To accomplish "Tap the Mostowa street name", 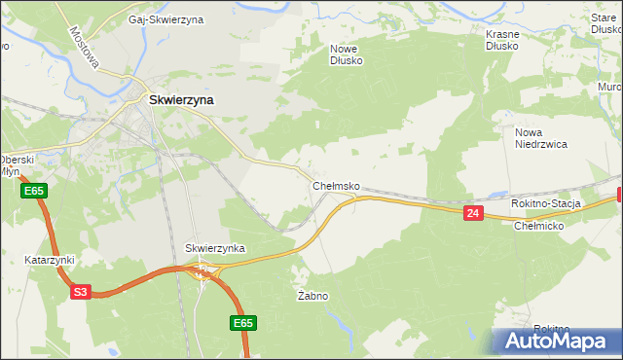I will [x=86, y=46].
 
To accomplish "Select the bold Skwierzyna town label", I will [x=181, y=98].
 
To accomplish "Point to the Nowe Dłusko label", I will [x=347, y=54].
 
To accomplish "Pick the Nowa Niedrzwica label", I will [x=541, y=137].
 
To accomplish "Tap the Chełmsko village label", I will [x=337, y=185].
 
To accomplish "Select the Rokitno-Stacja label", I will [x=546, y=203].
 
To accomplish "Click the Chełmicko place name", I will [x=539, y=226].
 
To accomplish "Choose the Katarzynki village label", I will [x=50, y=260].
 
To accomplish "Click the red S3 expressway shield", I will [x=80, y=291].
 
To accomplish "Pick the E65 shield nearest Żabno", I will [x=243, y=323].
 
